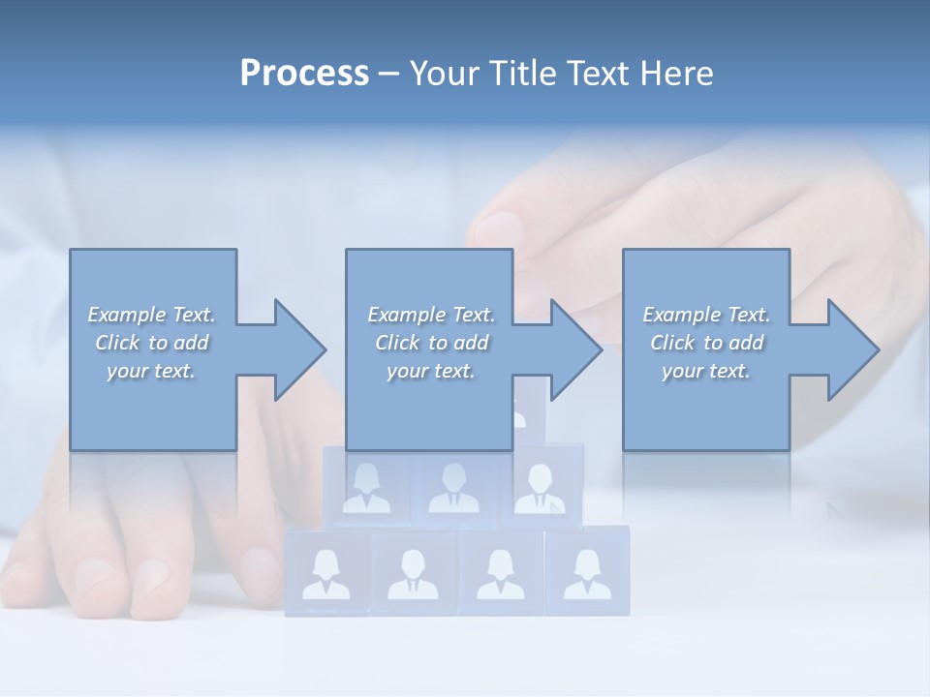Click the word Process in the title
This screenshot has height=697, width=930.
pos(304,74)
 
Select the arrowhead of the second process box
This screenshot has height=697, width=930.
pos(574,349)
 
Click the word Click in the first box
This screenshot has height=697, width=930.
pos(117,343)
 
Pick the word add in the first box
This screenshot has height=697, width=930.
pos(192,343)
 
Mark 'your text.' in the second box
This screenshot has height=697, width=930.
pos(430,371)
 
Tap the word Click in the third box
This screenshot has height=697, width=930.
pos(672,343)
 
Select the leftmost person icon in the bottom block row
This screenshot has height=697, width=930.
pos(326,574)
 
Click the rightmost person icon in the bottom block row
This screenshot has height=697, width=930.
pos(587,574)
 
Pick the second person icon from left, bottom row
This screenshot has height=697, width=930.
pos(414,574)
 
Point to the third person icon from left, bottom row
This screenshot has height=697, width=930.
pos(501,574)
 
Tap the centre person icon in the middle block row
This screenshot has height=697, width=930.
pos(453,488)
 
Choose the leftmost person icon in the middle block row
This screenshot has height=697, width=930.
pos(367,488)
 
